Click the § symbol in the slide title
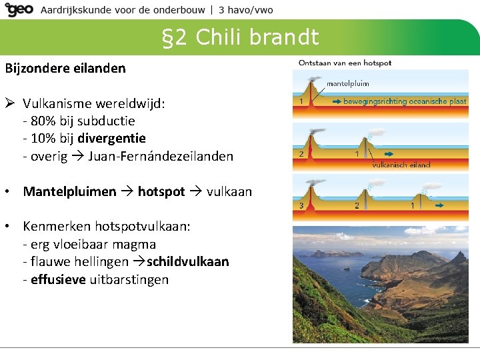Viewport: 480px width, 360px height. [169, 37]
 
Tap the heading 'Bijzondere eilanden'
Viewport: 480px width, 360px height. [65, 68]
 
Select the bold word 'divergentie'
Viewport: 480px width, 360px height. [111, 138]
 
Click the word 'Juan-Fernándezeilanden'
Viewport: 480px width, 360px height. [161, 156]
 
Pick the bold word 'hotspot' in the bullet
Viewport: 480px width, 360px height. [161, 191]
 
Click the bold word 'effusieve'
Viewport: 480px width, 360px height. [59, 279]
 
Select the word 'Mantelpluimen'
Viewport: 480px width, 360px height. [69, 191]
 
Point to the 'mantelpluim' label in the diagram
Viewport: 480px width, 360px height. [347, 84]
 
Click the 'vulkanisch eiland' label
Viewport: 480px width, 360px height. [401, 165]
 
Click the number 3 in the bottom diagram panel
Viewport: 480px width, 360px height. [301, 205]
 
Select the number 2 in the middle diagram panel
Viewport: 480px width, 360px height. [301, 154]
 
